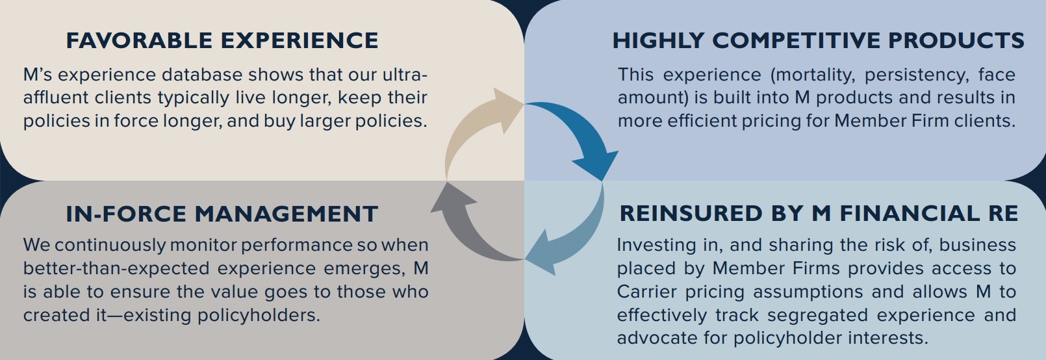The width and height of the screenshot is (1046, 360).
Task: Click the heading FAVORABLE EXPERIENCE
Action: tap(222, 41)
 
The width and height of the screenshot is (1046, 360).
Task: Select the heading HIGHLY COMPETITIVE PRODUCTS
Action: tap(819, 41)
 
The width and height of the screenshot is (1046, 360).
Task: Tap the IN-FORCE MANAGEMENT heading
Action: tap(222, 214)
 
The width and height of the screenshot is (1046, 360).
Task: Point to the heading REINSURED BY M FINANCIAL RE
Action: tap(819, 213)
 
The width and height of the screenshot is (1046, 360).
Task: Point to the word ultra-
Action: tap(405, 75)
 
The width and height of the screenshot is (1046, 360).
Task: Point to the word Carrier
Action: tap(646, 292)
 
